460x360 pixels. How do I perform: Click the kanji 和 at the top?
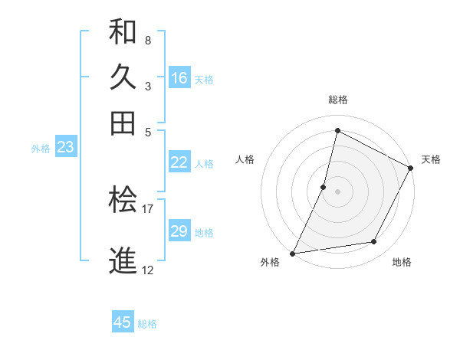coord(123,32)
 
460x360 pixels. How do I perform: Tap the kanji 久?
coord(123,77)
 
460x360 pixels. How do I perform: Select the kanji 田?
coord(123,123)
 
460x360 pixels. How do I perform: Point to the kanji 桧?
coord(123,201)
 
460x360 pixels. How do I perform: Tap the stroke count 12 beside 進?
coord(148,270)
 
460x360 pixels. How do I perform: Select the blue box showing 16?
coord(179,78)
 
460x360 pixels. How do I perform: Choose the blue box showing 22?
coord(179,162)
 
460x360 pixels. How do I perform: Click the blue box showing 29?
coord(179,231)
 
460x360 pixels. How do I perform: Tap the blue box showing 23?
coord(65,148)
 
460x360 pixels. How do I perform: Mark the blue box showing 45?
coord(123,322)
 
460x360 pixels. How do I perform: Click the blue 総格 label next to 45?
coord(147,324)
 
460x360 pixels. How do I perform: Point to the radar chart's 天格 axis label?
coord(431,159)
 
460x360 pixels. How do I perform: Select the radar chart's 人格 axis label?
coord(245,159)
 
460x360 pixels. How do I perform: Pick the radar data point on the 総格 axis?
coord(337,131)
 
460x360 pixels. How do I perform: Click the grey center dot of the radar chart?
coord(337,191)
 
